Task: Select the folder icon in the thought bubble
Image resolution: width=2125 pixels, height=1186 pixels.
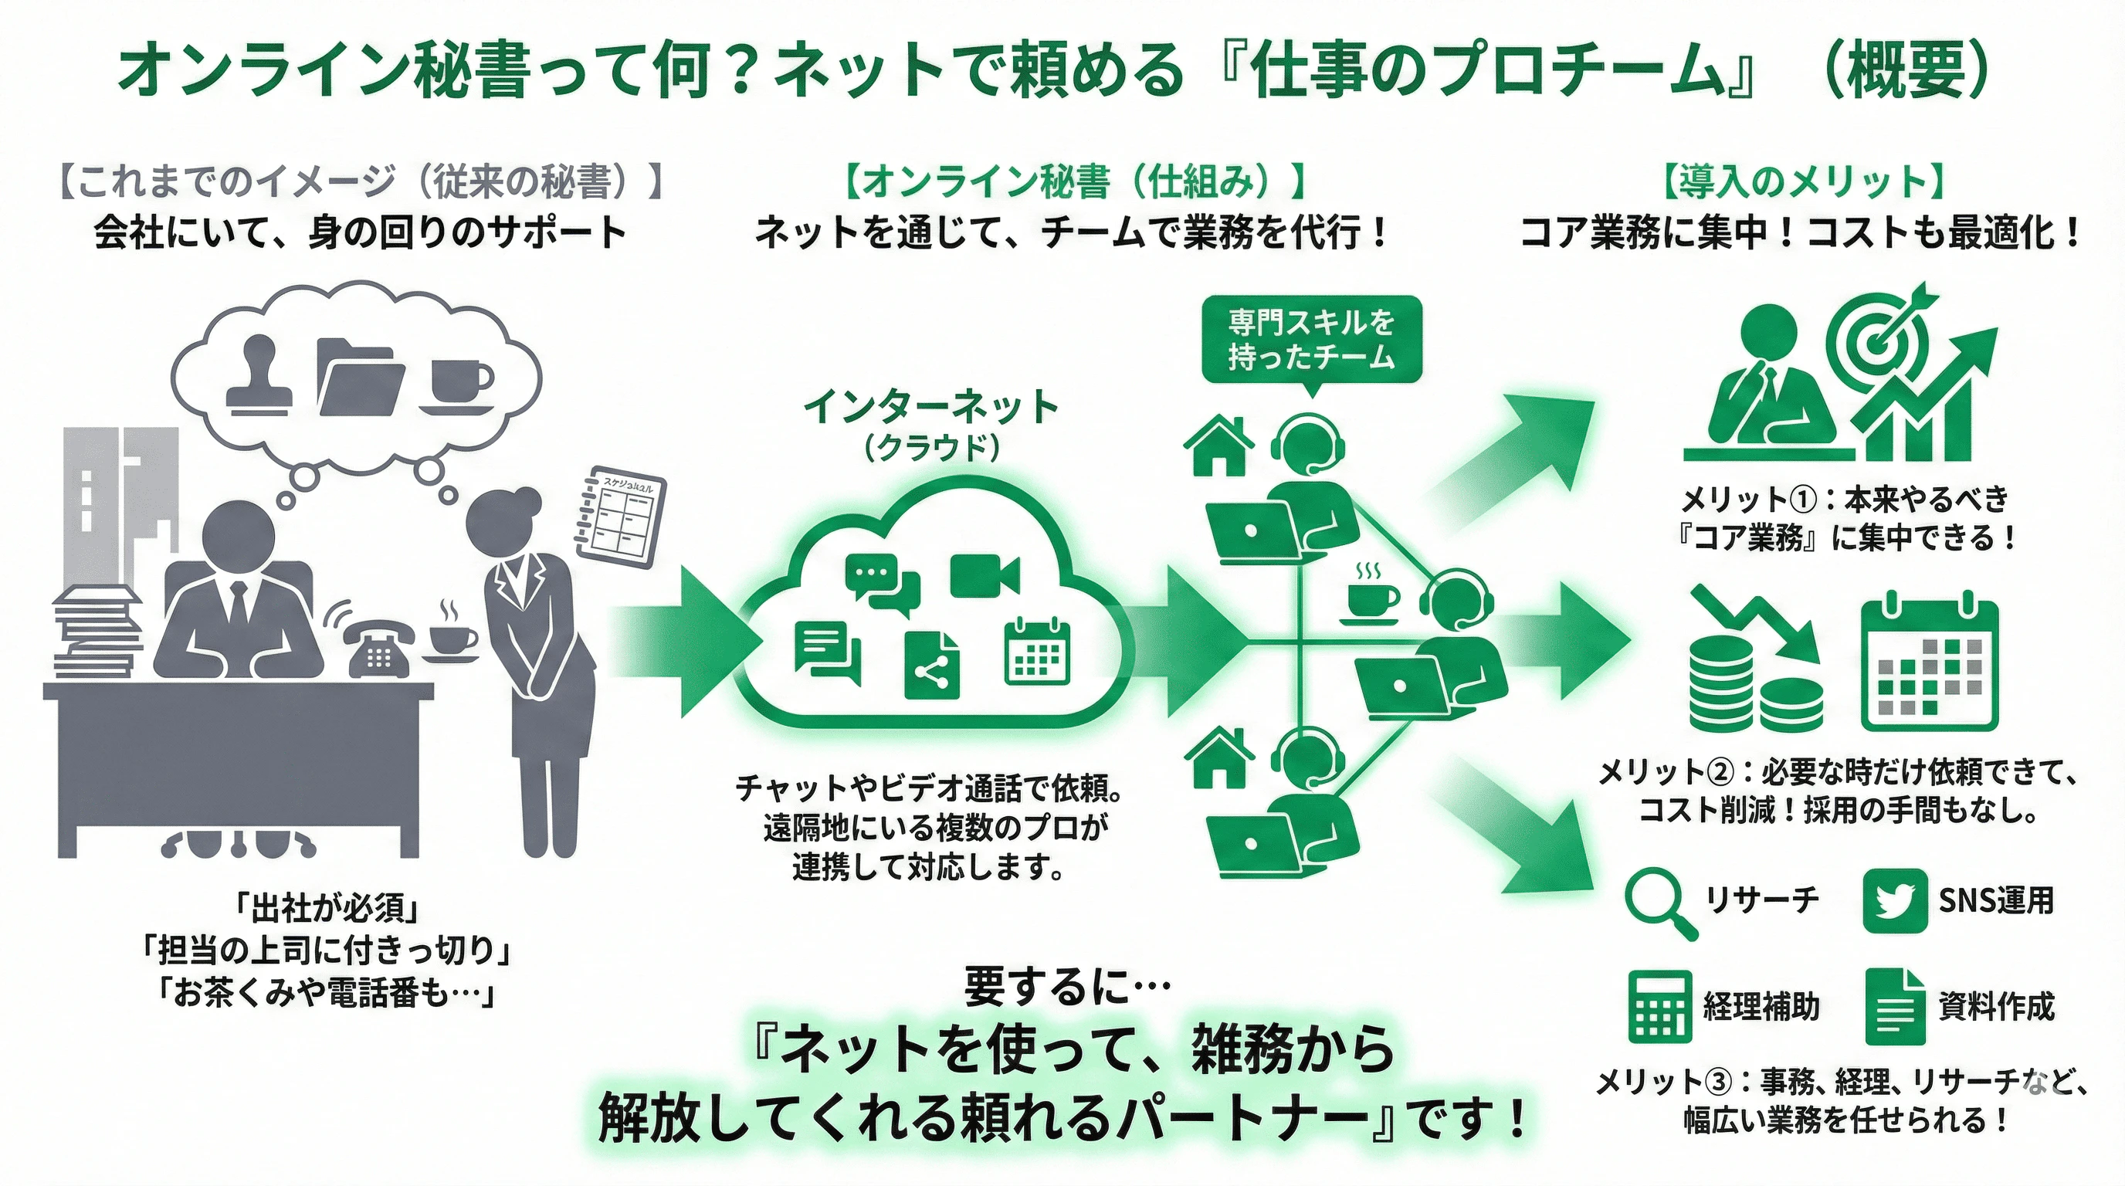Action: click(361, 378)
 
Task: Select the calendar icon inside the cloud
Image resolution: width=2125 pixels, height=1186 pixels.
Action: click(1037, 652)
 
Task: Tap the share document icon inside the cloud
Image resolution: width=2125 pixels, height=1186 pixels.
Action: click(931, 666)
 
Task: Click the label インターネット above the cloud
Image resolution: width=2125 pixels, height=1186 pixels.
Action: click(930, 408)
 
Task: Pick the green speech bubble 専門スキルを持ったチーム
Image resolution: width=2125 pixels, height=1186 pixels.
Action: click(1312, 340)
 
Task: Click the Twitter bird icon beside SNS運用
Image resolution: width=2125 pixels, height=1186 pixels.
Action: click(1895, 900)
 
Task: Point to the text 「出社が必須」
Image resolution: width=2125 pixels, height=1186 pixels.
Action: click(327, 909)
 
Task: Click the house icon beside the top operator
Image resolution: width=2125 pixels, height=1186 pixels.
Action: click(1218, 446)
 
